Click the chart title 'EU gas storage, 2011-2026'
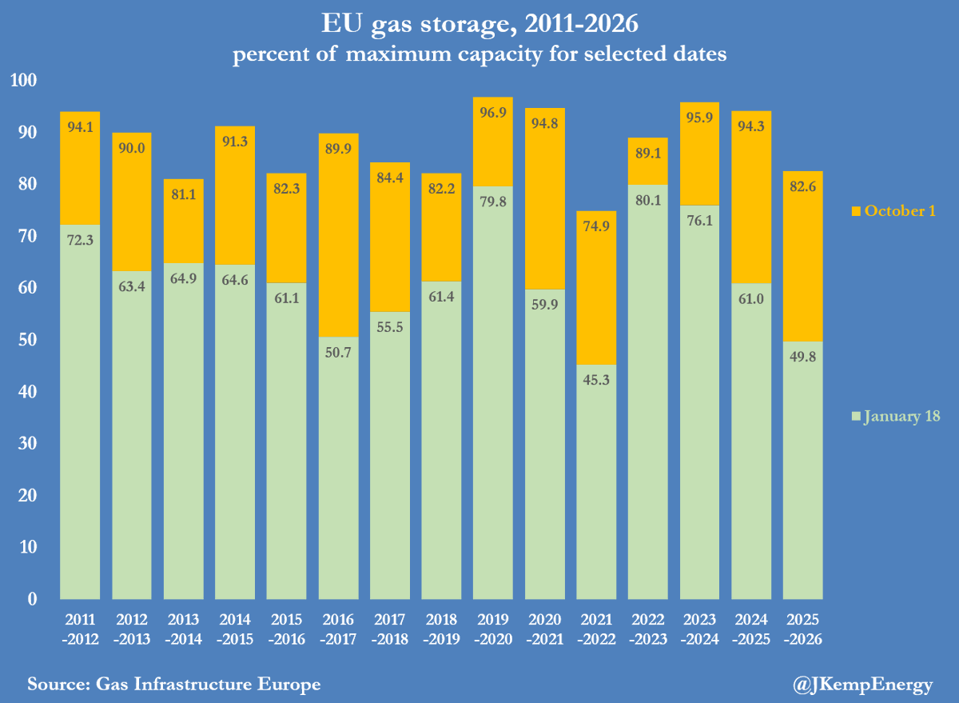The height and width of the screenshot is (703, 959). click(479, 25)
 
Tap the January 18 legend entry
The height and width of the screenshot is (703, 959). click(896, 416)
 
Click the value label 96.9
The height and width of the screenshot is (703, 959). click(493, 112)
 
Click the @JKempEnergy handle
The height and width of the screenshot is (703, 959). click(864, 684)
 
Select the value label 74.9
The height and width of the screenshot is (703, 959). click(596, 226)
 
